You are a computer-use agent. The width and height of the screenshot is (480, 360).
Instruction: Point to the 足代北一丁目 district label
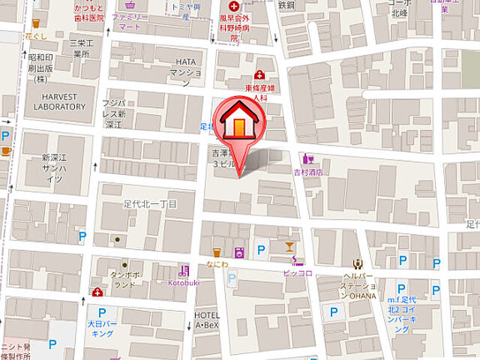point(150,203)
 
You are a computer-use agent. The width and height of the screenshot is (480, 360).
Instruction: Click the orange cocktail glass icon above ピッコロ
point(289,246)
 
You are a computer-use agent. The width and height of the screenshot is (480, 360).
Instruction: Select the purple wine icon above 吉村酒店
point(307,158)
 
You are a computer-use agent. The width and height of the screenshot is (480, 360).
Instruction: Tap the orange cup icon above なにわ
point(217,252)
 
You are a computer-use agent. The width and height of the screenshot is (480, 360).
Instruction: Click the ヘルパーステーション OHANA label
point(358,284)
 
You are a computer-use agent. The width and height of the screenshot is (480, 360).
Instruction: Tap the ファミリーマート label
point(130,19)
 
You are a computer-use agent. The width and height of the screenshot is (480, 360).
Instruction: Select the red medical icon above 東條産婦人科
point(259,75)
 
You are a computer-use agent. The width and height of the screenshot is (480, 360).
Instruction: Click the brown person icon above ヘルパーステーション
point(358,263)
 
